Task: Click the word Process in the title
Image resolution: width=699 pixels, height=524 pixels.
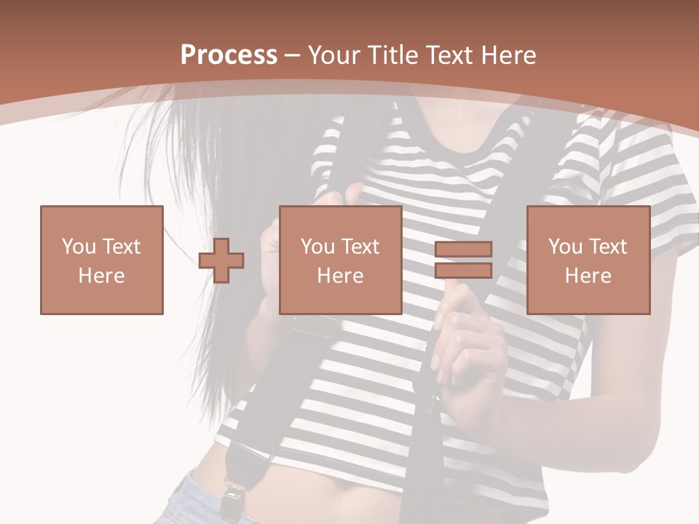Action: [x=229, y=55]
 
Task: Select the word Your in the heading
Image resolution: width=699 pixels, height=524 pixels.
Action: [x=335, y=55]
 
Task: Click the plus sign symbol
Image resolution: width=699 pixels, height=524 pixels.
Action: [x=221, y=260]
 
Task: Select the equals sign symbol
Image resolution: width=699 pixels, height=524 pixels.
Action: [x=463, y=260]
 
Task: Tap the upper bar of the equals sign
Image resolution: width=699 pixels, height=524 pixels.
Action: [x=463, y=250]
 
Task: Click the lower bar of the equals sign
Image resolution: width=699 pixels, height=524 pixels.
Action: [x=463, y=270]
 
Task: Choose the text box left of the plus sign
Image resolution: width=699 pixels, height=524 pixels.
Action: [x=102, y=260]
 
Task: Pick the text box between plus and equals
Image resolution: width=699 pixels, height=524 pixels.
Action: [x=341, y=260]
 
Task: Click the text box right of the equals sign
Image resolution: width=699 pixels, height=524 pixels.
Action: [x=588, y=260]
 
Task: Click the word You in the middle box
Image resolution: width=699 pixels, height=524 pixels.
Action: [x=317, y=247]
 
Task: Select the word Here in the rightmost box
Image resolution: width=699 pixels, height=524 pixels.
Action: [x=588, y=276]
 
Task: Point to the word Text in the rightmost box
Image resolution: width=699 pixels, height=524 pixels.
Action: [x=607, y=247]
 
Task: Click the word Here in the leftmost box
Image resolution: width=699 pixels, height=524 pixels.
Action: [x=102, y=276]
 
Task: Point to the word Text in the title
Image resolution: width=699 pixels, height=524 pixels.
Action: [x=449, y=55]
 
